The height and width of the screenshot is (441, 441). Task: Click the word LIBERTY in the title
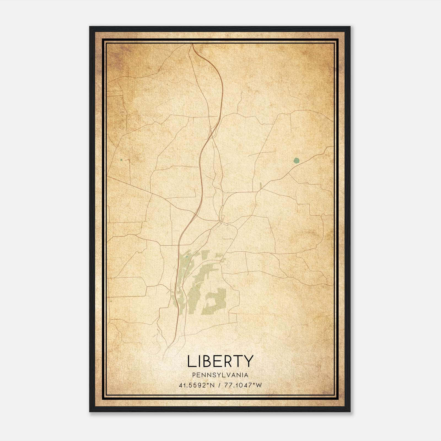(220, 361)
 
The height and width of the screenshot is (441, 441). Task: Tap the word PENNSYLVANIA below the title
(220, 375)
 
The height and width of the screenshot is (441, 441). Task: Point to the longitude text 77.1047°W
(243, 385)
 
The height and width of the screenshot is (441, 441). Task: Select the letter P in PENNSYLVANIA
(194, 375)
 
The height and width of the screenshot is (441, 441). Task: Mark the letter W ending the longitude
(259, 385)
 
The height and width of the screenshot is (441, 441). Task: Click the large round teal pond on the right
(296, 160)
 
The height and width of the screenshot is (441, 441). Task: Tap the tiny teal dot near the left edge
(121, 160)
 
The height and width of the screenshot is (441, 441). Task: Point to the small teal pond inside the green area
(187, 257)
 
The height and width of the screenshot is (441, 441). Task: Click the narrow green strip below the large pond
(260, 185)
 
